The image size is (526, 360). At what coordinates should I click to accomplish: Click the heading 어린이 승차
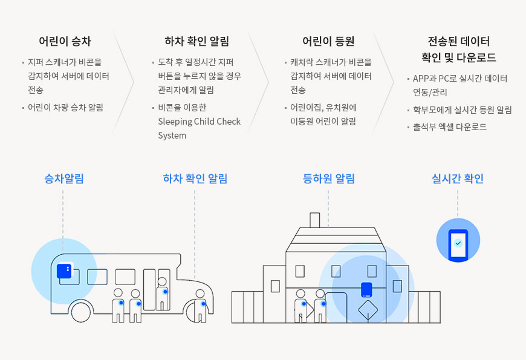(65, 42)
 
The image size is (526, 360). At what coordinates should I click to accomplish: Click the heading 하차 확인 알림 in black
(196, 42)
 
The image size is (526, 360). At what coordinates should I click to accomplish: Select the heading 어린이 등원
(328, 42)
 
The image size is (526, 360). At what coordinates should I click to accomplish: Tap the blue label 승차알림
(63, 178)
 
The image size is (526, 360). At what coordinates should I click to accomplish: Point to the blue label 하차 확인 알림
(195, 178)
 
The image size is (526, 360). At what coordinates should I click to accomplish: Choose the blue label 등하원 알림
(328, 178)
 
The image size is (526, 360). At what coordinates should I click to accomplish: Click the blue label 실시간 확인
(458, 178)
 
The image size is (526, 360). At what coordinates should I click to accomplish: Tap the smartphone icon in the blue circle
(458, 243)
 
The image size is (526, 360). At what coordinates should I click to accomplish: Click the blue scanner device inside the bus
(64, 270)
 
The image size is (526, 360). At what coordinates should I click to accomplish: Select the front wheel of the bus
(81, 311)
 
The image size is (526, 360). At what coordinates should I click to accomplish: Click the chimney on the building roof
(314, 220)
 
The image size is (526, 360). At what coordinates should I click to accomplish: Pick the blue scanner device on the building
(366, 289)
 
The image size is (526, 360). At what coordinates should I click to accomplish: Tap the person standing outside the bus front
(200, 306)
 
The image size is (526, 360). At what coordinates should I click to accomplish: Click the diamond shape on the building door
(368, 312)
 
